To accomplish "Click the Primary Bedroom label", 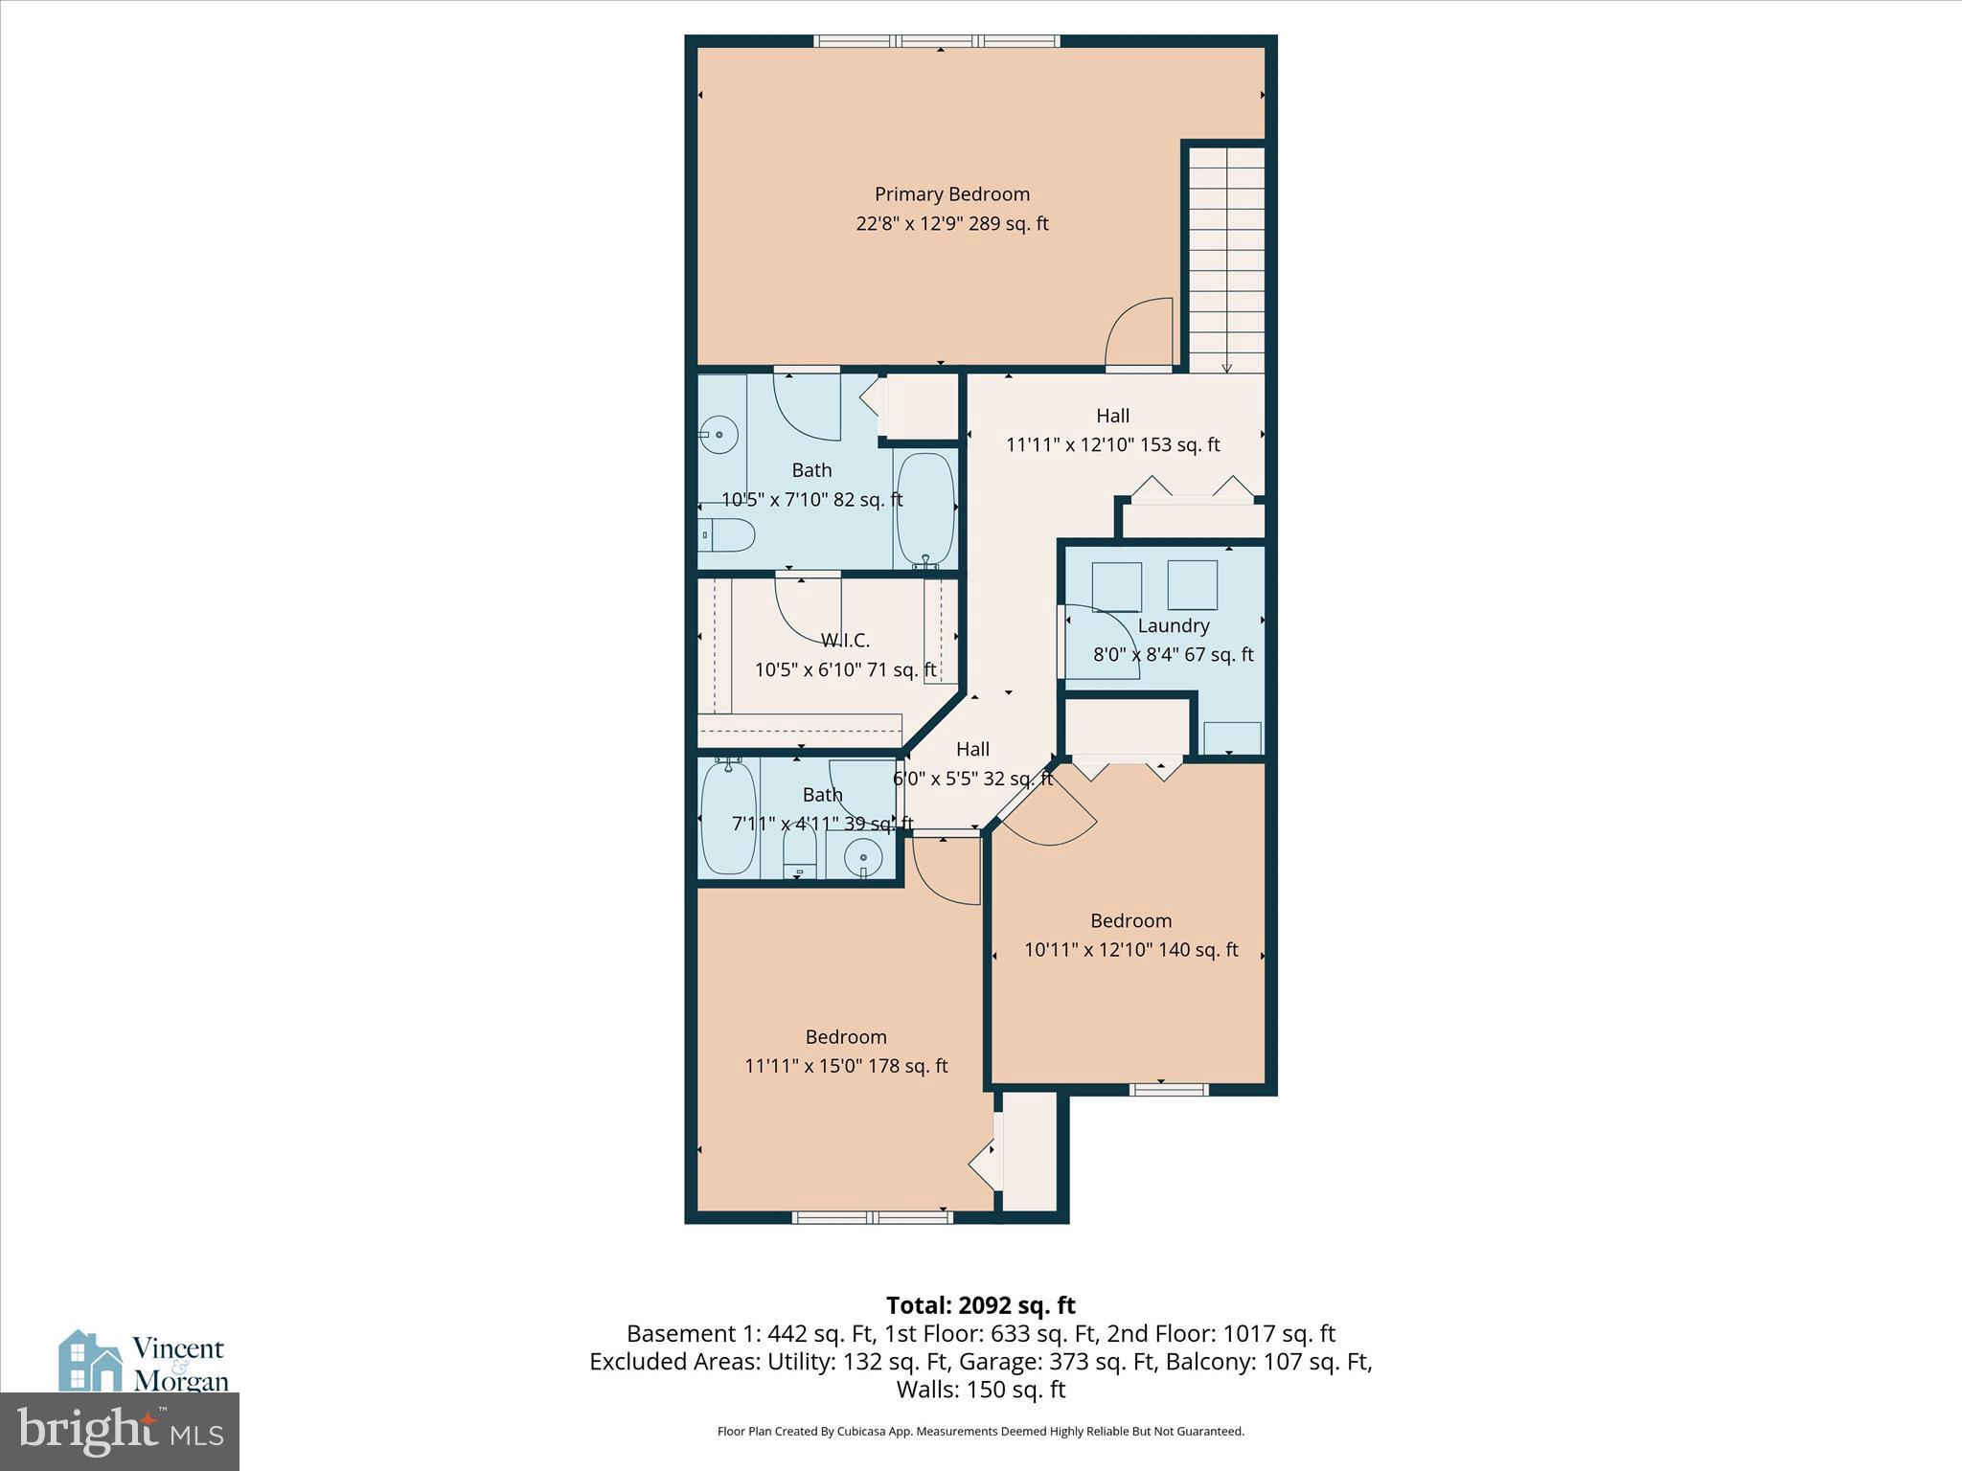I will [951, 194].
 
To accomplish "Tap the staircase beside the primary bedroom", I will [1227, 259].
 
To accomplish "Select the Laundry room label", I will [1174, 625].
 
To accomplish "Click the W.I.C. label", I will [845, 640].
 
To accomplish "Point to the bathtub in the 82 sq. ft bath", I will [925, 510].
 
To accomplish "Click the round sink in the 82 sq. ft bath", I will [718, 436].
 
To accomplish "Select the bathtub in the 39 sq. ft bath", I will [728, 816].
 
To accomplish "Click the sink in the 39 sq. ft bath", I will [862, 855].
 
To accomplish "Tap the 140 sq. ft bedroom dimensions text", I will [1130, 950].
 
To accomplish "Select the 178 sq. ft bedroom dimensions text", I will [846, 1066].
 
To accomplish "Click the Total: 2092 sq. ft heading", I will [980, 1305].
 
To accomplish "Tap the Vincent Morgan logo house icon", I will [90, 1362].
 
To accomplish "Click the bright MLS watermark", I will [120, 1430].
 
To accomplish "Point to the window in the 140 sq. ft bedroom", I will [1169, 1089].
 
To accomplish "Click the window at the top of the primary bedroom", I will [937, 41].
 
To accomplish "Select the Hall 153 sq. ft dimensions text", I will [1112, 445].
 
